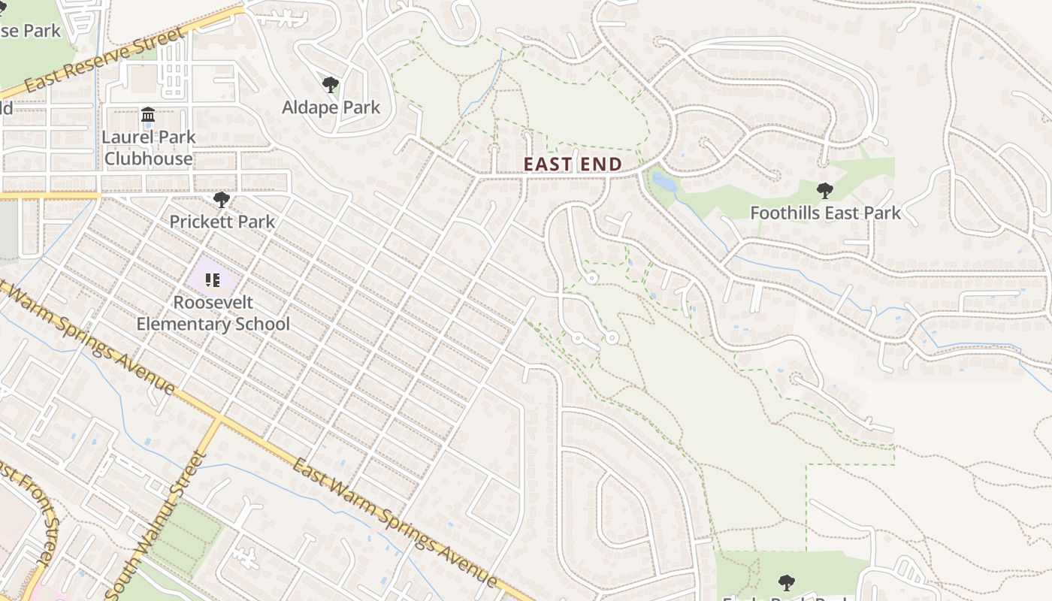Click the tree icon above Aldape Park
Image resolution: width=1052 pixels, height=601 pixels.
tap(330, 85)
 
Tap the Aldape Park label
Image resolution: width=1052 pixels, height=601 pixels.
tap(331, 107)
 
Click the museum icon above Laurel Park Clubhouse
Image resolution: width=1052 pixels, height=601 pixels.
tap(148, 115)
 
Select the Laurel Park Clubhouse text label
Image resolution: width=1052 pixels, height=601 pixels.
tap(149, 148)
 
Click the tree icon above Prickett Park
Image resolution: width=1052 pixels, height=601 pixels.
tap(221, 200)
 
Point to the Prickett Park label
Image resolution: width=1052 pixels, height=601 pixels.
tap(222, 222)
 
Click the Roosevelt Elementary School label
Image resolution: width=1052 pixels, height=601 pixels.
tap(213, 313)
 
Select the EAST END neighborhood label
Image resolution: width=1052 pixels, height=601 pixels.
tap(573, 164)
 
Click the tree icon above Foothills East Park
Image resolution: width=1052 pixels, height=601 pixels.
tap(824, 191)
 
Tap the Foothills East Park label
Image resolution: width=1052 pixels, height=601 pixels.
tap(825, 213)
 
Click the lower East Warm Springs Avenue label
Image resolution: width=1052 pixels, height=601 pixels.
tap(394, 523)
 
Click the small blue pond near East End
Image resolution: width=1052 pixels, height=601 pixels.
tap(664, 181)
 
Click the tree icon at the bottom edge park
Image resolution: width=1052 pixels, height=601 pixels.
tap(786, 581)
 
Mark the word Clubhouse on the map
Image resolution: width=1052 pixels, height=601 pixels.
tap(149, 159)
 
